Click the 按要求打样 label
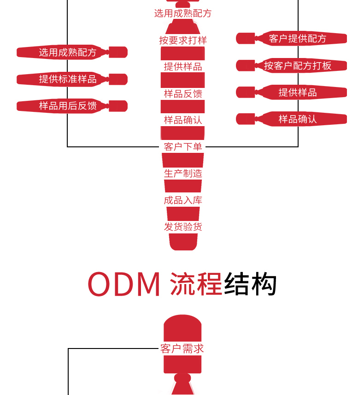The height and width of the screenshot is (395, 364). tap(183, 41)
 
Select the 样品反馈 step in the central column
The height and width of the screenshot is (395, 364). tap(183, 94)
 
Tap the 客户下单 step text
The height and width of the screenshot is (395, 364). tap(183, 147)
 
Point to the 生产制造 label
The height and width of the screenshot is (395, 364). tap(183, 174)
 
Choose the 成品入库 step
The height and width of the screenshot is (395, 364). tap(183, 200)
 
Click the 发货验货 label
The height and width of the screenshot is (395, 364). tap(183, 227)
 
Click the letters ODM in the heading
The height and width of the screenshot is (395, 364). tap(124, 285)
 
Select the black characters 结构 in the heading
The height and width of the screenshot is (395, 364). tap(251, 285)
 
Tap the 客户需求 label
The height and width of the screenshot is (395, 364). tap(182, 349)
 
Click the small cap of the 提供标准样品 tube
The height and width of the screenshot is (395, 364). tap(119, 79)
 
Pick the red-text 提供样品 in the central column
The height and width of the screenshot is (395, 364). tap(183, 67)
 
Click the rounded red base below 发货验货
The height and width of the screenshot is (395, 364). tap(183, 242)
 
